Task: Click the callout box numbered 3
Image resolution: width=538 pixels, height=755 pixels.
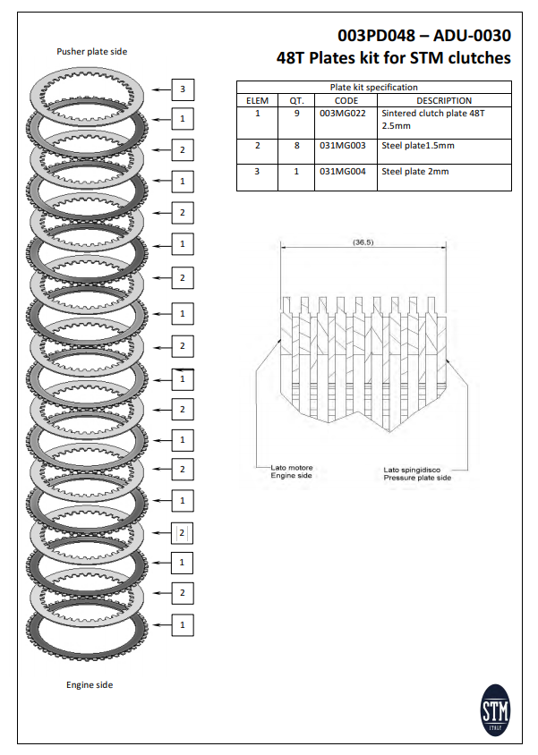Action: [183, 89]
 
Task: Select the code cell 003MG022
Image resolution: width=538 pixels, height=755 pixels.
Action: [339, 114]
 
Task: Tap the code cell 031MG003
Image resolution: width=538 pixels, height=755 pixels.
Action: [339, 146]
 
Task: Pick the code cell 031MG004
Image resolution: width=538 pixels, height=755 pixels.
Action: [339, 171]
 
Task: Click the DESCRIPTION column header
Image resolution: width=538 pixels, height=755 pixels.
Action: [443, 100]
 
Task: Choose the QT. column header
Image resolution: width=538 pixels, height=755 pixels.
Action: [296, 100]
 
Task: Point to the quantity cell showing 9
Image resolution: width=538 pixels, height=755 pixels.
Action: [296, 114]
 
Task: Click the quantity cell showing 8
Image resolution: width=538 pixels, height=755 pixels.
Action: [296, 146]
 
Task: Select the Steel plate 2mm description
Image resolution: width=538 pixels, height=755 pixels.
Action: [415, 171]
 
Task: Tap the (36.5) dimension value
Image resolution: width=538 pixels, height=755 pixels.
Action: [363, 242]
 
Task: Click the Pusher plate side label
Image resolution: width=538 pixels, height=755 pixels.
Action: [92, 52]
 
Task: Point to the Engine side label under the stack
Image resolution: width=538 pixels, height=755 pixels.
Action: [90, 685]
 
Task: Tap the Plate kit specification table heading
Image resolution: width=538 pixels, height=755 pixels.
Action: [373, 88]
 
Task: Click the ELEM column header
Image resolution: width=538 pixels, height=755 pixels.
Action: [257, 100]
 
